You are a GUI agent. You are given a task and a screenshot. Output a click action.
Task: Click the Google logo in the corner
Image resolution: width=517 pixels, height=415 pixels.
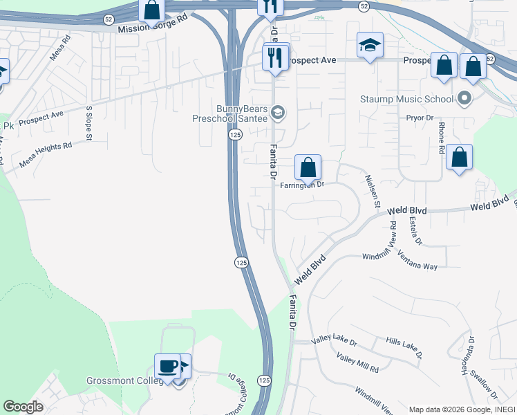(x=23, y=407)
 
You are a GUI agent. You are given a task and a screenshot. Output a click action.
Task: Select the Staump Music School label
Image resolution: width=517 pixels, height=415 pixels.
(x=406, y=99)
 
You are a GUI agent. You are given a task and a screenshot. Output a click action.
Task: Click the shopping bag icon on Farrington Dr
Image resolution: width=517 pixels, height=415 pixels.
(x=308, y=167)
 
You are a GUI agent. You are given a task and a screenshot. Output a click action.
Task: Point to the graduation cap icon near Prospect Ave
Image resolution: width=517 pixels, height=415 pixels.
(x=370, y=46)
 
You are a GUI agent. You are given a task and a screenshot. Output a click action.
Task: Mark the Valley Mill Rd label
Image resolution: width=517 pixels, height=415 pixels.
(x=357, y=364)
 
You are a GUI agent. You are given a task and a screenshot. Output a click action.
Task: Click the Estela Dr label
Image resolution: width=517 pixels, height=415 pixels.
(x=415, y=232)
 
